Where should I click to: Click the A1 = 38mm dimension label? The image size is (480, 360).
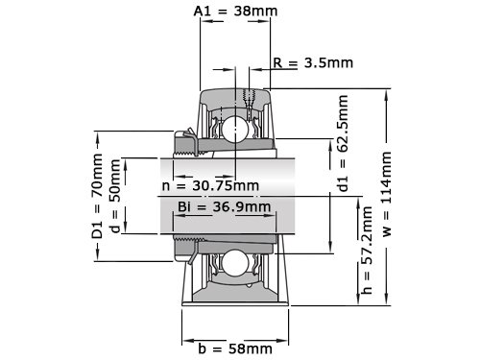tap(235, 12)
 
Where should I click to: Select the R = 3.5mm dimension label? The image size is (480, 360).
tap(313, 62)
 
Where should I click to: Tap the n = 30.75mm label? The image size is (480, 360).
tap(210, 185)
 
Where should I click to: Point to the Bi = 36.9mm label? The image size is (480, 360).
tap(225, 206)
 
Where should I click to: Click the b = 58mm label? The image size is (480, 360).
tap(235, 348)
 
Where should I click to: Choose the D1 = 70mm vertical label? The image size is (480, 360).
tap(97, 196)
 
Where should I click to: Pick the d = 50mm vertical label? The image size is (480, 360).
tap(115, 196)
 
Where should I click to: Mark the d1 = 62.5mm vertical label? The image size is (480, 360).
tap(343, 143)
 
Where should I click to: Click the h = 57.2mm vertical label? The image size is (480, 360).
tap(367, 251)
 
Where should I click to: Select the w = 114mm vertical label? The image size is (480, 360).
tap(387, 194)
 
